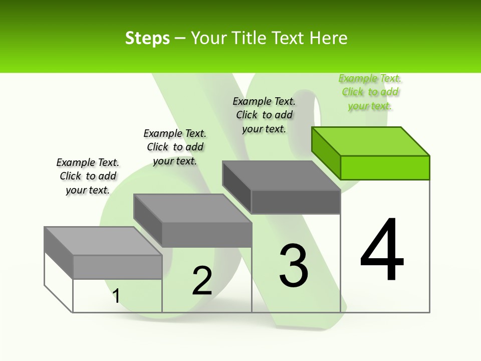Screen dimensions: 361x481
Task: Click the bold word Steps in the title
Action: [x=147, y=38]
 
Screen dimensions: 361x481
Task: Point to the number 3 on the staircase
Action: [x=294, y=266]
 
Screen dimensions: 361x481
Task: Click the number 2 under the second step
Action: [x=202, y=281]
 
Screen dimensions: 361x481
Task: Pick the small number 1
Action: [x=116, y=296]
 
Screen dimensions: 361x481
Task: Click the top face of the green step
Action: [x=371, y=141]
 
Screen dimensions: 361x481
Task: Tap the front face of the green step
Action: [x=385, y=167]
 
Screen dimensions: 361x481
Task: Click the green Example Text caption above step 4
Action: [x=370, y=92]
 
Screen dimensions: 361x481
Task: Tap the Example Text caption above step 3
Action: [x=264, y=115]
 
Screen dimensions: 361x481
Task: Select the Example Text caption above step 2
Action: [x=175, y=147]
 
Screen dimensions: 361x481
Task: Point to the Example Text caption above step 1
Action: [x=88, y=176]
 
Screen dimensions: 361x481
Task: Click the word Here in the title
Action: [x=329, y=38]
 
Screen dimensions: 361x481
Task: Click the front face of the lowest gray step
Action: [x=117, y=267]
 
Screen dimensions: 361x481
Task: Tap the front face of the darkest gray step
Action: [x=296, y=202]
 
